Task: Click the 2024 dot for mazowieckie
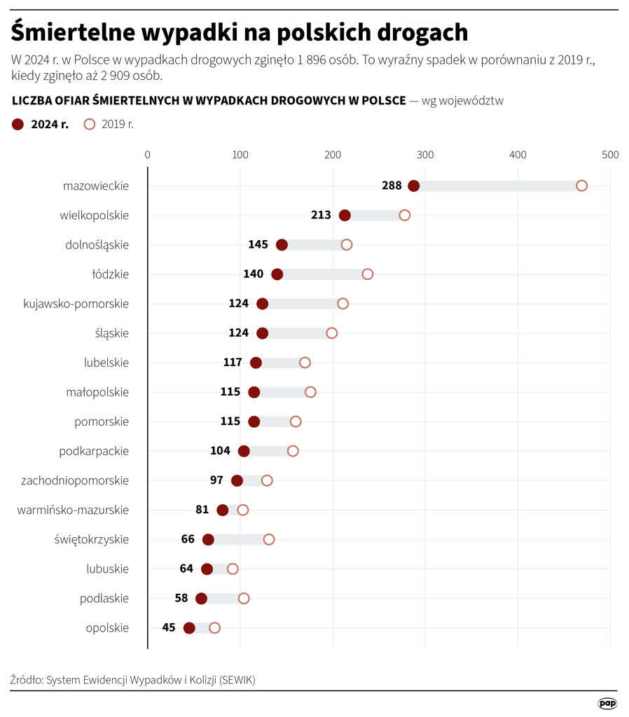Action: pyautogui.click(x=413, y=186)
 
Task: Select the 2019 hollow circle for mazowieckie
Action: pyautogui.click(x=581, y=186)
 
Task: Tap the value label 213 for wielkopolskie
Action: pyautogui.click(x=321, y=215)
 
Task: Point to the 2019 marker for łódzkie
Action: pyautogui.click(x=368, y=274)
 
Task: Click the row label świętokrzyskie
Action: pyautogui.click(x=91, y=539)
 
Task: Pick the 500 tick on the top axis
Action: pyautogui.click(x=610, y=155)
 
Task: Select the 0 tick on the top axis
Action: pyautogui.click(x=147, y=155)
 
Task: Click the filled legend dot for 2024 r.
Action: pyautogui.click(x=18, y=125)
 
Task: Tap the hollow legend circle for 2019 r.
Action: pyautogui.click(x=89, y=125)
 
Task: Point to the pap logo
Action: pyautogui.click(x=607, y=703)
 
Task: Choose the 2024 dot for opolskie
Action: pyautogui.click(x=189, y=627)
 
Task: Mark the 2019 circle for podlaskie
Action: pyautogui.click(x=244, y=598)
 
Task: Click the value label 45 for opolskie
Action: pyautogui.click(x=169, y=627)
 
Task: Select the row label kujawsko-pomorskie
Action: pyautogui.click(x=76, y=303)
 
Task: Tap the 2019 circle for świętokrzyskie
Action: pyautogui.click(x=269, y=539)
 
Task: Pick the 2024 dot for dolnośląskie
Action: pyautogui.click(x=282, y=244)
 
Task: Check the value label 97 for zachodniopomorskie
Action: pyautogui.click(x=216, y=480)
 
